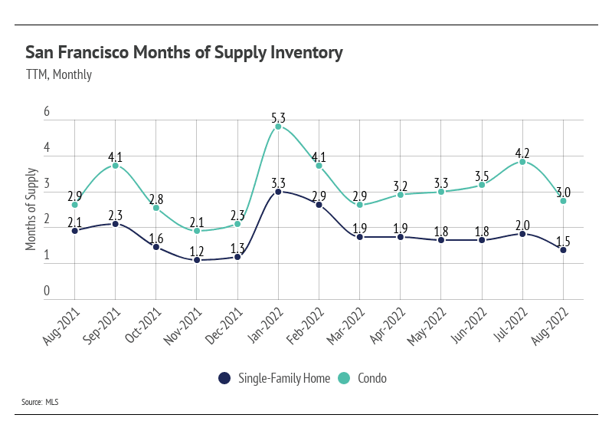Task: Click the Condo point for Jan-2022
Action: click(x=278, y=127)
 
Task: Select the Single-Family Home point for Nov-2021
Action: click(x=197, y=260)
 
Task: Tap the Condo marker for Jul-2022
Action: click(x=522, y=162)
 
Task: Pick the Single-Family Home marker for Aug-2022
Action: click(x=563, y=250)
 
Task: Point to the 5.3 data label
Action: click(x=278, y=118)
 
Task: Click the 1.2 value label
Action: click(x=197, y=251)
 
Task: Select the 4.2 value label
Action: click(x=522, y=152)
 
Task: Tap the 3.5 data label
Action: click(x=482, y=176)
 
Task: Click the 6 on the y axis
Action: click(x=47, y=112)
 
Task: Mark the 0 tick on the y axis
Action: click(x=47, y=291)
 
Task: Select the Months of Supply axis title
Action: click(x=31, y=208)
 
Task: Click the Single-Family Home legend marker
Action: click(x=224, y=378)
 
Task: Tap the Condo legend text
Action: click(x=371, y=378)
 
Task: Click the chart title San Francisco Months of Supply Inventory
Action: click(x=184, y=53)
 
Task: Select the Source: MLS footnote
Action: click(x=42, y=401)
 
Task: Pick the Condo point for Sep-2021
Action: click(x=115, y=166)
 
